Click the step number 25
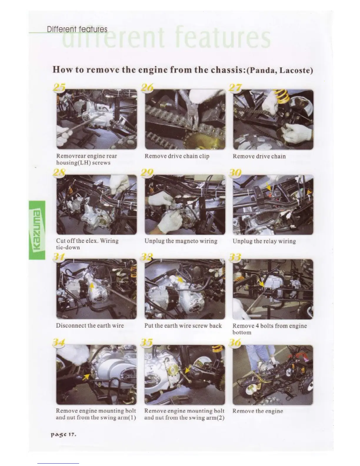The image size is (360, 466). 59,88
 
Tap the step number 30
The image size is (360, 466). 235,173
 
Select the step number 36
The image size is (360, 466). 235,342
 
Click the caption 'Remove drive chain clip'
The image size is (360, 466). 177,156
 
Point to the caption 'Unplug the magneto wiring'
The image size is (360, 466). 181,241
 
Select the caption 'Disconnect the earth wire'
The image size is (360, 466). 90,326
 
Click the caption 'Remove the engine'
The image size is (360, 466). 258,411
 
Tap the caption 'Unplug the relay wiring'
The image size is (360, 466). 264,241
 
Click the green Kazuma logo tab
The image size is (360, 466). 37,230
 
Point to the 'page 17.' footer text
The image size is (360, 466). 64,435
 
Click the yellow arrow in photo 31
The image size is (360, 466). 91,287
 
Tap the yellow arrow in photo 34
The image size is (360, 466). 86,377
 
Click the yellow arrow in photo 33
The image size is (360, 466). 261,283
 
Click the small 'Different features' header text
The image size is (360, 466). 77,29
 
